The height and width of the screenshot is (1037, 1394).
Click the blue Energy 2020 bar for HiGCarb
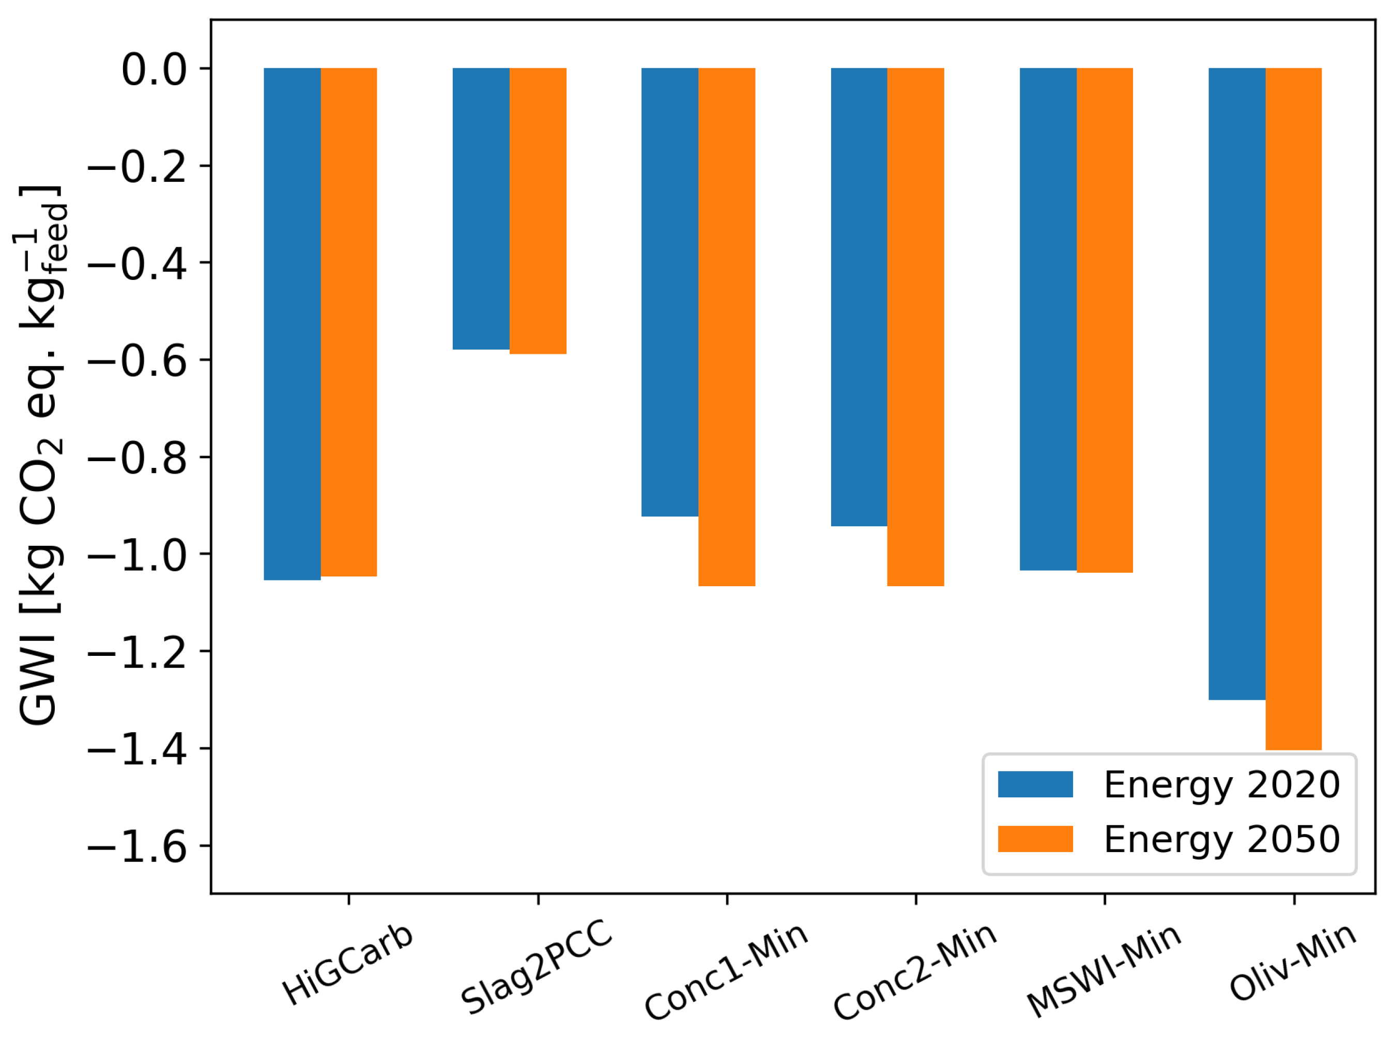tap(292, 323)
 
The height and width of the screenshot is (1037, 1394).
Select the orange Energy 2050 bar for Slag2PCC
tap(538, 211)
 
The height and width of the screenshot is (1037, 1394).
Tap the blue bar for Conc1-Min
tap(670, 292)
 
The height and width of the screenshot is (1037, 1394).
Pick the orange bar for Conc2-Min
tap(915, 326)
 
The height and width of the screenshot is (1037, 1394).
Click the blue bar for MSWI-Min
tap(1048, 319)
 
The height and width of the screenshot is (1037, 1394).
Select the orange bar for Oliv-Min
tap(1294, 408)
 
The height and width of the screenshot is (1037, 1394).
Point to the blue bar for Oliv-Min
tap(1237, 383)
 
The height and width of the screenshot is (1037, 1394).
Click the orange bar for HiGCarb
tap(349, 321)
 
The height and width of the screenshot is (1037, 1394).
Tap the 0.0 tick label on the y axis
tap(154, 69)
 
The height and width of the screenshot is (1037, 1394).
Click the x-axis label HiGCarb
tap(347, 964)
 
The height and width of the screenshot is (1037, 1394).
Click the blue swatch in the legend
tap(1035, 784)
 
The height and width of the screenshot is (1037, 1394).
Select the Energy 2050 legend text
tap(1222, 839)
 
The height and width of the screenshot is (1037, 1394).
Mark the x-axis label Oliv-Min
tap(1292, 962)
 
